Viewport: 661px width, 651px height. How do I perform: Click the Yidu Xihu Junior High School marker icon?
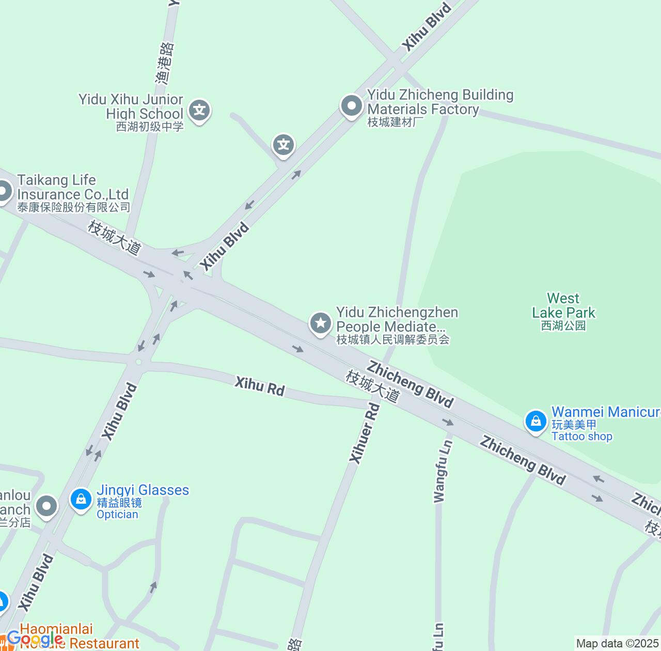(199, 111)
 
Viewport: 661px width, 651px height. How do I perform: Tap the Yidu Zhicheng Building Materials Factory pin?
(352, 106)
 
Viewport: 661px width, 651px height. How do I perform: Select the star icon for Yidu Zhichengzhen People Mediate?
(320, 323)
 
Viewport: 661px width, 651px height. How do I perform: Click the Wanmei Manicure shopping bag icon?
(536, 421)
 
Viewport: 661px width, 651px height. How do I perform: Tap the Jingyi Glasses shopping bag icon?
(81, 499)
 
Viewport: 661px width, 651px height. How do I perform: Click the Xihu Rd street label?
(259, 386)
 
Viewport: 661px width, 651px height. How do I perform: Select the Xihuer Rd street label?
(365, 433)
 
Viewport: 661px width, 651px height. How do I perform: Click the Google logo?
(35, 639)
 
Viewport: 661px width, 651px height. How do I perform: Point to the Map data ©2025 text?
(617, 644)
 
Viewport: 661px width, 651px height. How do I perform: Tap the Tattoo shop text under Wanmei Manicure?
(581, 437)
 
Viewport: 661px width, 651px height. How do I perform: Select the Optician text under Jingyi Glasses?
(117, 515)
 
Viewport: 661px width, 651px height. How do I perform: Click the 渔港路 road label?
(165, 63)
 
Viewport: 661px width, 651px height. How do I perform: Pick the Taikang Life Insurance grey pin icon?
(4, 192)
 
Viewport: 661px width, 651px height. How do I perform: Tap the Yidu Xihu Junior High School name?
(131, 106)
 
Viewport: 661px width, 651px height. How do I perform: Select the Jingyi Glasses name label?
(143, 490)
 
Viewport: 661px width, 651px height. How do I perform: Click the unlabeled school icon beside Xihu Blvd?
(284, 145)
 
